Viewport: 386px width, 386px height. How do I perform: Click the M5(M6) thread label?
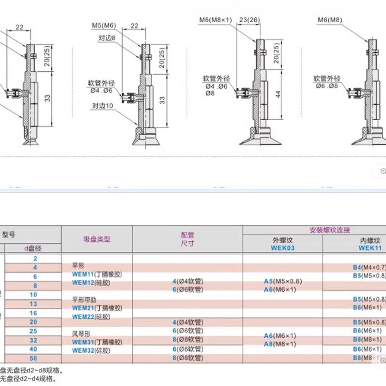[x=104, y=25]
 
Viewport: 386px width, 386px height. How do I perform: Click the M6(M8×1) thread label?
[x=216, y=20]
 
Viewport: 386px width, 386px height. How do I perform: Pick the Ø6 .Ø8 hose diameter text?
[x=327, y=86]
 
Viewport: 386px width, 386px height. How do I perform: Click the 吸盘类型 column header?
[x=97, y=239]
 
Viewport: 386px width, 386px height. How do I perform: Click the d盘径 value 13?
[x=33, y=303]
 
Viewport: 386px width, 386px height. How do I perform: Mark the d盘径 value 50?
[x=33, y=358]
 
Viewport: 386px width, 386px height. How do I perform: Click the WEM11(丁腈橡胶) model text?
[x=97, y=274]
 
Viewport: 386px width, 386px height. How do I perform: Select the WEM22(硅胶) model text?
[x=90, y=316]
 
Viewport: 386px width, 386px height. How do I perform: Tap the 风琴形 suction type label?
[x=81, y=333]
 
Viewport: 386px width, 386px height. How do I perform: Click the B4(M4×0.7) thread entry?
[x=370, y=267]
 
